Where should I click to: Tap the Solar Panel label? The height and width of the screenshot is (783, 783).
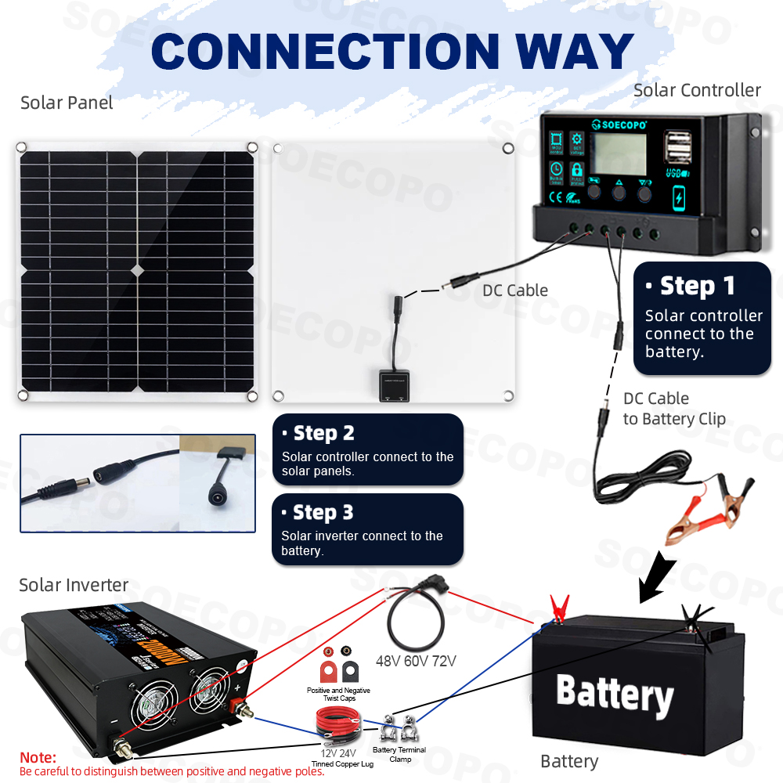point(67,103)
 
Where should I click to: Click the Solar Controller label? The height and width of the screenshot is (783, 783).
point(697,90)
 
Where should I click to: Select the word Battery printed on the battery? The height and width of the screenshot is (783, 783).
point(615,694)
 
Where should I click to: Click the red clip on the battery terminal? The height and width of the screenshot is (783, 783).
point(557,608)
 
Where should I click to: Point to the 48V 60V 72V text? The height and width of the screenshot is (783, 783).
point(416,662)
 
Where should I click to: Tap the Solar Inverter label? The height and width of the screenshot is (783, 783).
point(74,585)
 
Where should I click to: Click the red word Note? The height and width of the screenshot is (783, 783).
point(38,757)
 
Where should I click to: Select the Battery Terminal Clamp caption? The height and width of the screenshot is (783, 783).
point(399,754)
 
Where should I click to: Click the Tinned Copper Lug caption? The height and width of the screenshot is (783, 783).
point(342,763)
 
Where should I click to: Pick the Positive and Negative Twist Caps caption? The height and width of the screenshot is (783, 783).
point(338,695)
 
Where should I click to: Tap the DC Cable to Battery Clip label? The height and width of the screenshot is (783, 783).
point(673,409)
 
